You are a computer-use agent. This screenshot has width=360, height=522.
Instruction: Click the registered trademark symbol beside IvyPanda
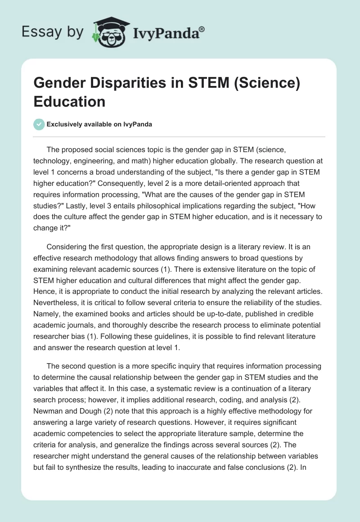point(202,29)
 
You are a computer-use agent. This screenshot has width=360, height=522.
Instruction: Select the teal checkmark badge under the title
point(39,124)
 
